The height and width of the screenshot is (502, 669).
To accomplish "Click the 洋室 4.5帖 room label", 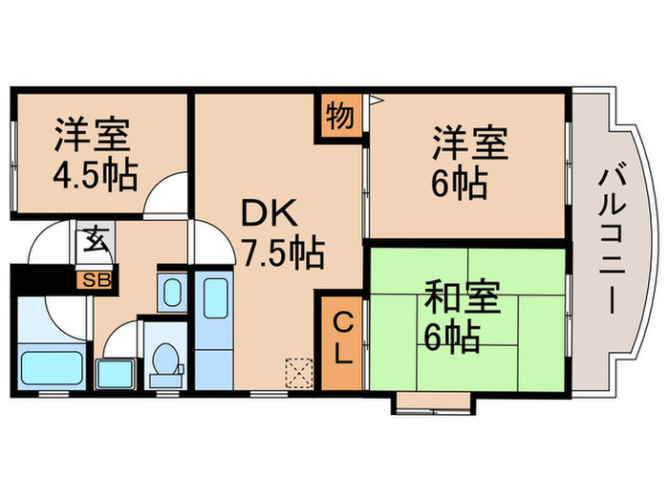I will tap(93, 155).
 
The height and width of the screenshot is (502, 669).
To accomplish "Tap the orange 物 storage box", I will tap(340, 117).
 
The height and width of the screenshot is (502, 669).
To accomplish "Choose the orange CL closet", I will tap(342, 339).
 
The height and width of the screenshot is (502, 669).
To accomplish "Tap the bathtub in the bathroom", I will tap(51, 365).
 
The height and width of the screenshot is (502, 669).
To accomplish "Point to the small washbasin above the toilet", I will tap(172, 291).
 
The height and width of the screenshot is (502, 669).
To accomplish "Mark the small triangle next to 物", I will tap(375, 98).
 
